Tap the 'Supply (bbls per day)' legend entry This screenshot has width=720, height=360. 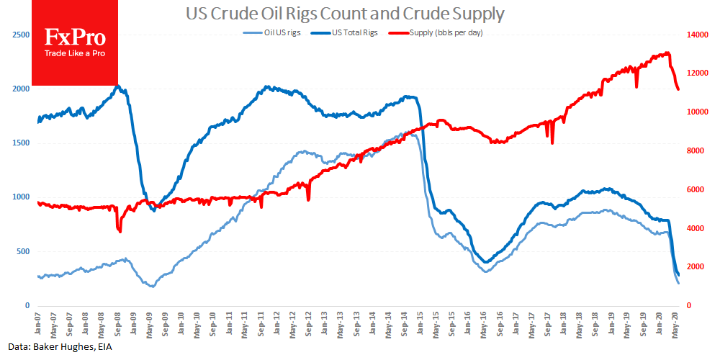click(440, 32)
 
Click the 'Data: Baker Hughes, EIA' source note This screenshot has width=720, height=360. click(58, 347)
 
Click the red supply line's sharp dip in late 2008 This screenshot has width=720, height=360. click(120, 230)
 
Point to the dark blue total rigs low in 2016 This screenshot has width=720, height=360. click(486, 261)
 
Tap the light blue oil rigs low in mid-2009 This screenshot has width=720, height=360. click(152, 287)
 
